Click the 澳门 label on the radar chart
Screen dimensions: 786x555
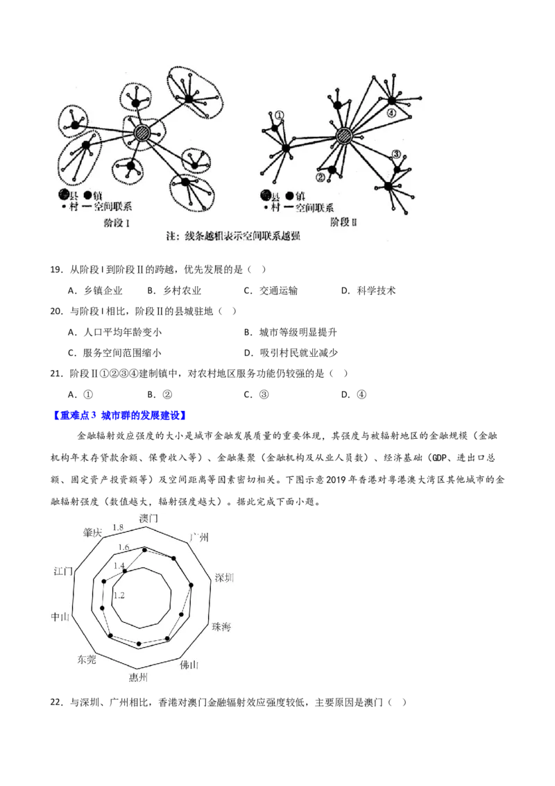[x=148, y=519]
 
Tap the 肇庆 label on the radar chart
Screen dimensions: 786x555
[x=92, y=533]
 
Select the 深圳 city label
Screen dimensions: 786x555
[x=224, y=578]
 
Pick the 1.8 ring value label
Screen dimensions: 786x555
[x=118, y=526]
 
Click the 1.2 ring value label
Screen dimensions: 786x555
[x=119, y=595]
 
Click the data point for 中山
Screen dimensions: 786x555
[x=102, y=608]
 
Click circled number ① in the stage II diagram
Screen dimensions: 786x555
[x=279, y=116]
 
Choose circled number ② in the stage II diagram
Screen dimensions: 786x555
[x=320, y=178]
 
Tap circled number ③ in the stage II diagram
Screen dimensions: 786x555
[x=396, y=154]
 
